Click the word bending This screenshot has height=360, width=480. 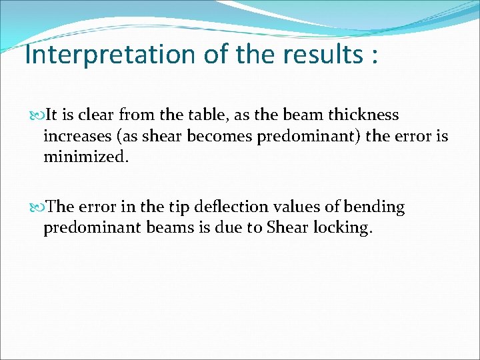374,207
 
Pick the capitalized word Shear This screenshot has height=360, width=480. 285,228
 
